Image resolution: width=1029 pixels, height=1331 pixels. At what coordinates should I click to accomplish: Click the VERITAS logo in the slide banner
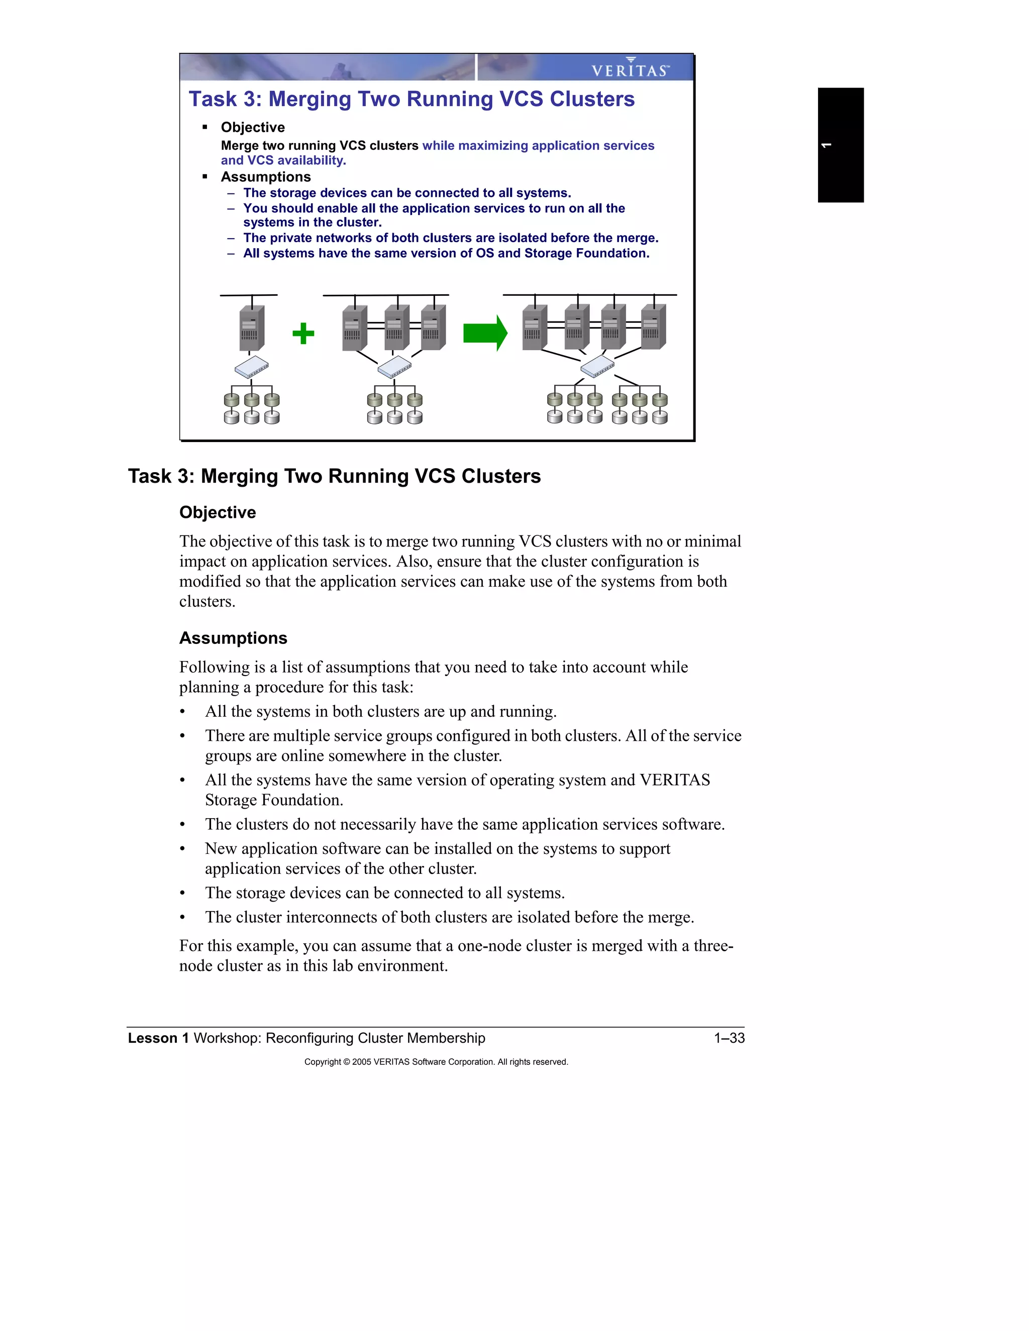[x=631, y=68]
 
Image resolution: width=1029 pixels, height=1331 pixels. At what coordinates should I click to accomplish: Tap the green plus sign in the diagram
[x=303, y=334]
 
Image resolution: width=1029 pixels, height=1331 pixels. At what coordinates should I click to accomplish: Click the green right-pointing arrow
[x=485, y=334]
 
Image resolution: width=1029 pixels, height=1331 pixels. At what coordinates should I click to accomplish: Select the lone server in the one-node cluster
[x=251, y=328]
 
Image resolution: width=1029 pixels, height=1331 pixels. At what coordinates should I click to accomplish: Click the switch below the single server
[x=252, y=367]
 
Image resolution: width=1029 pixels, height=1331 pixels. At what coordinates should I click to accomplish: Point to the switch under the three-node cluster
[x=394, y=367]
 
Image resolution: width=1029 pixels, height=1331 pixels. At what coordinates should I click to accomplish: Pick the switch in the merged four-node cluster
[x=597, y=366]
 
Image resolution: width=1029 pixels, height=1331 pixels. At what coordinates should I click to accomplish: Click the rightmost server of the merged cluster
[x=654, y=327]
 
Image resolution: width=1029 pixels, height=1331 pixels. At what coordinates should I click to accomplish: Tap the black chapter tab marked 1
[x=840, y=145]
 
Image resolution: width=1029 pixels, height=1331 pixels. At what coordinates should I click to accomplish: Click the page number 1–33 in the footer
[x=729, y=1038]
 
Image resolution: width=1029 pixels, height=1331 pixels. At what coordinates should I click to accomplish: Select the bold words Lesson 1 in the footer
[x=158, y=1038]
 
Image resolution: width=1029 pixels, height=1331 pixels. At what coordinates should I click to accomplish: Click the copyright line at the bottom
[x=436, y=1062]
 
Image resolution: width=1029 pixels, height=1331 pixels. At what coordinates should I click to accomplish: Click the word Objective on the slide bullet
[x=252, y=128]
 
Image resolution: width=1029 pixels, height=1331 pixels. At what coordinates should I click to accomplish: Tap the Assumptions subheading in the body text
[x=233, y=638]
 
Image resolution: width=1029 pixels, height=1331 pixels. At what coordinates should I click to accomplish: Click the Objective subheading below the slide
[x=217, y=512]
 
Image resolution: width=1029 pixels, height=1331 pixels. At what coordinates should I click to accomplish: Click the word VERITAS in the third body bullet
[x=674, y=780]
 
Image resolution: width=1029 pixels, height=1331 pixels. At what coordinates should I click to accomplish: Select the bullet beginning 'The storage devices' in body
[x=384, y=893]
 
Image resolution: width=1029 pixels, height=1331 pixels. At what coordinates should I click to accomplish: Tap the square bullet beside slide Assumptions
[x=205, y=177]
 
